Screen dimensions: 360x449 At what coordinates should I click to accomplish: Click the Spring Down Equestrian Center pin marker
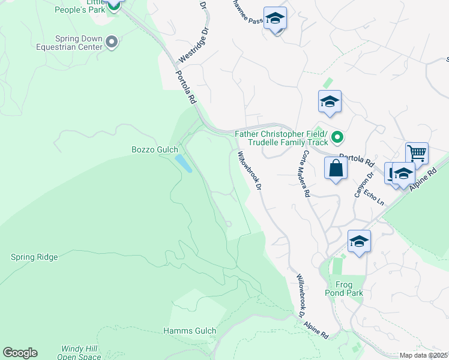[x=111, y=41]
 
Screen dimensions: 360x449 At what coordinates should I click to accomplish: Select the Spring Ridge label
[x=34, y=257]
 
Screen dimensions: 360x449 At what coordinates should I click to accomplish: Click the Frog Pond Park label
[x=349, y=289]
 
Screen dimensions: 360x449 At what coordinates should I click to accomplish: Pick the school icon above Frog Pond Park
[x=359, y=241]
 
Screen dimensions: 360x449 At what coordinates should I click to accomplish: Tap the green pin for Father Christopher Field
[x=337, y=138]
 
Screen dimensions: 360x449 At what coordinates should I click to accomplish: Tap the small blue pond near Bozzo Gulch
[x=183, y=163]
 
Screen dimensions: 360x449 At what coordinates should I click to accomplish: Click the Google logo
[x=20, y=353]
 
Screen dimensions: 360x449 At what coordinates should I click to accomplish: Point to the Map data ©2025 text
[x=423, y=355]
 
